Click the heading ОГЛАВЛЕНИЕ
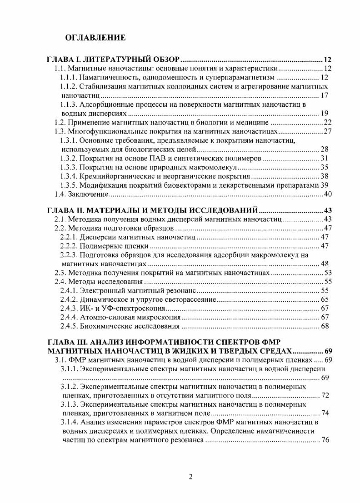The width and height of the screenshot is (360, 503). click(95, 37)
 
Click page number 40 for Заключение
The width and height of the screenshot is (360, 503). click(327, 194)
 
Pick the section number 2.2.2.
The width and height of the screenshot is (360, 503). click(69, 246)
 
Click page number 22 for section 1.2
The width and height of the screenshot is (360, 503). click(327, 123)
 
